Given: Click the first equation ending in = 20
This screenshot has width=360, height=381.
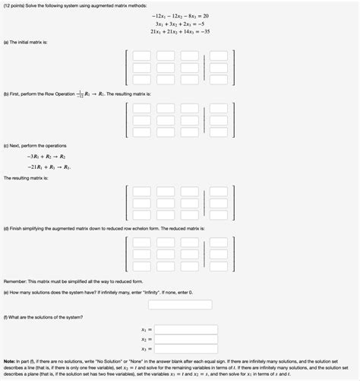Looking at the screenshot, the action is coord(180,15).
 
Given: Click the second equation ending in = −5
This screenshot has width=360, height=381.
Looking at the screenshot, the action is coord(180,24).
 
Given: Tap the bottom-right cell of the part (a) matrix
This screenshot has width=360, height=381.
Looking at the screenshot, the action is coord(219,79).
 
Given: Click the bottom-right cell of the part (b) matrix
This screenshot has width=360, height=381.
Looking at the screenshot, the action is coord(219,132).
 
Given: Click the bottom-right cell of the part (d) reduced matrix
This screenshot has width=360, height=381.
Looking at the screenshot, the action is coord(219,265).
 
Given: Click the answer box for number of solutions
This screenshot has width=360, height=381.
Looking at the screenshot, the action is coord(179,304).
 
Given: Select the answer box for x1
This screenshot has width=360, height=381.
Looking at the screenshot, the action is coord(187,329).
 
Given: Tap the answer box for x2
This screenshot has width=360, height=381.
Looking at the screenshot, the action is coord(187,339).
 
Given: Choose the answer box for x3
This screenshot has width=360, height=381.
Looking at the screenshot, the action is coord(187,349).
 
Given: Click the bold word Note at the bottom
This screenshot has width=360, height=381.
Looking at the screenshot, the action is coord(11,360).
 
